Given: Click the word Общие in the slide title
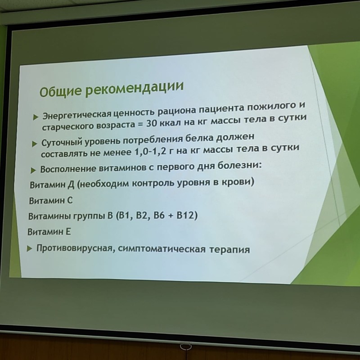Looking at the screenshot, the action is [60, 91].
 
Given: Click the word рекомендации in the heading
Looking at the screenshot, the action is [135, 88].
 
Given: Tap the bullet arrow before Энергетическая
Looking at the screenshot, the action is [36, 117].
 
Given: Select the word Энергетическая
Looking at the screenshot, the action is [77, 115].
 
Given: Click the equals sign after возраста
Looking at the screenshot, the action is [140, 125].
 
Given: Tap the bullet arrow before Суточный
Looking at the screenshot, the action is [35, 144].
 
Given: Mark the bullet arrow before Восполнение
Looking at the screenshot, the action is [33, 171].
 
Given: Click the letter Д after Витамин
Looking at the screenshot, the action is [71, 185].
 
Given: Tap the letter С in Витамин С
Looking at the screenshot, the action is [70, 201].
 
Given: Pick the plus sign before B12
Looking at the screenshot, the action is [171, 216].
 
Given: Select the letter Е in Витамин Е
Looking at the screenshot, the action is [68, 232].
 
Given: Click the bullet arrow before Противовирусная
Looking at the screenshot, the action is [29, 249].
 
